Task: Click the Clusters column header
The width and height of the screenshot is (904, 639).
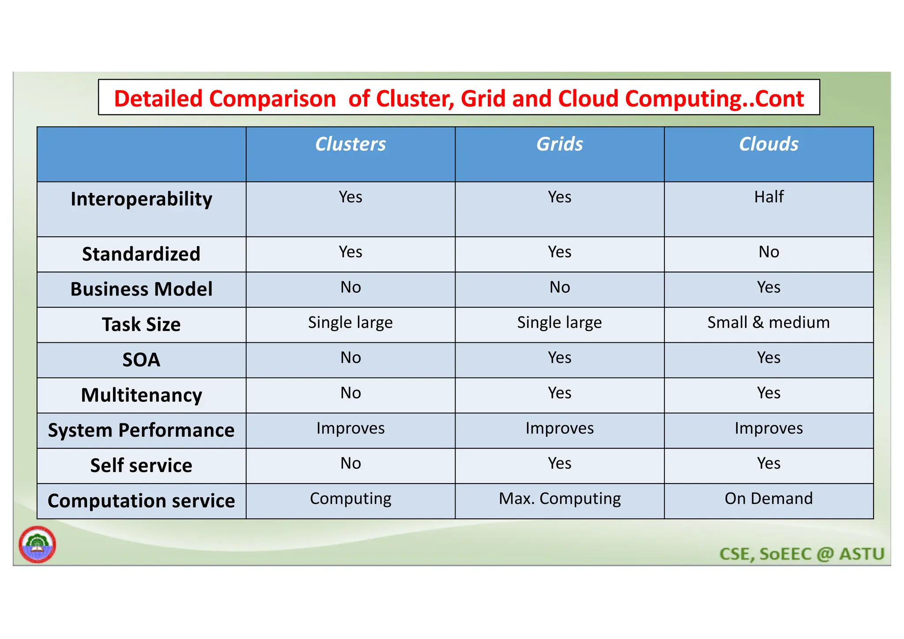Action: [350, 144]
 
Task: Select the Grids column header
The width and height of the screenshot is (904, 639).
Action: [559, 144]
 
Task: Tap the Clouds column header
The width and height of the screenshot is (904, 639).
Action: [768, 144]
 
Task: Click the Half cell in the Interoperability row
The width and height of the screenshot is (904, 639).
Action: [768, 197]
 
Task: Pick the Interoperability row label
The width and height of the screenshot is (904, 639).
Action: [141, 199]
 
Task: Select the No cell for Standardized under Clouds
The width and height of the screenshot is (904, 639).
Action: [768, 252]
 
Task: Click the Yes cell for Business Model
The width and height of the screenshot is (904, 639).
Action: [768, 287]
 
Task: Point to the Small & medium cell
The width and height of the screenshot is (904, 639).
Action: [768, 323]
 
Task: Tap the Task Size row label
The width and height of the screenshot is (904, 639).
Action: [141, 325]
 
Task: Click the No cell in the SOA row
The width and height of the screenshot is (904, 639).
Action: [350, 358]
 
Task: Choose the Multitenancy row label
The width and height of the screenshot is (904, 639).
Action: [141, 395]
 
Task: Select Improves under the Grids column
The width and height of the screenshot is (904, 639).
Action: [559, 428]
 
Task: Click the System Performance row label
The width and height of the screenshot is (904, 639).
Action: [141, 431]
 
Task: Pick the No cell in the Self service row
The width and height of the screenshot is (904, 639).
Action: [350, 464]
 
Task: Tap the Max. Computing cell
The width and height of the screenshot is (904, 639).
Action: [559, 499]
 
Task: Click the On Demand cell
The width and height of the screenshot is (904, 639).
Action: [768, 499]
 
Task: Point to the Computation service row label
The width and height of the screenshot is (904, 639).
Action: [141, 501]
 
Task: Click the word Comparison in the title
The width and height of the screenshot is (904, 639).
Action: [272, 99]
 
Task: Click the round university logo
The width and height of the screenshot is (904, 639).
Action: [38, 544]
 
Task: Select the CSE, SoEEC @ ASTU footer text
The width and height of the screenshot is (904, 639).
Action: [802, 554]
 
